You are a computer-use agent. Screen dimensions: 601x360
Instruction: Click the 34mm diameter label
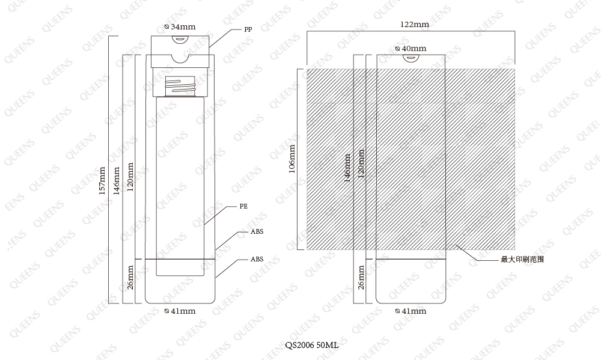click(x=180, y=27)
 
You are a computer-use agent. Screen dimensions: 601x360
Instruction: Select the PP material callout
click(x=248, y=29)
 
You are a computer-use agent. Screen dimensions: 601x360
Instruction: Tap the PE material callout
click(x=243, y=206)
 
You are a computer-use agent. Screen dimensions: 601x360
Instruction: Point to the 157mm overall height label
click(x=102, y=181)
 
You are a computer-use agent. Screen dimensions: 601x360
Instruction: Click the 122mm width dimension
click(x=414, y=25)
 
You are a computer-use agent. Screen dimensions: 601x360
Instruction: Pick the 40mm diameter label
click(x=410, y=49)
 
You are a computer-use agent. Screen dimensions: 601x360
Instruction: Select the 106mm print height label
click(x=292, y=159)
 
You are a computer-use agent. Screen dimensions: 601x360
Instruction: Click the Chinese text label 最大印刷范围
click(x=522, y=259)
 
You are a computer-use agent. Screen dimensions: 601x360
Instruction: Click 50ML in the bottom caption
click(x=328, y=344)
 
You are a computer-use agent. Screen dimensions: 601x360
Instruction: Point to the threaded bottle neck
click(x=180, y=86)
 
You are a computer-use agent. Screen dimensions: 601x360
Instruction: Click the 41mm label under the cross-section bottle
click(x=180, y=311)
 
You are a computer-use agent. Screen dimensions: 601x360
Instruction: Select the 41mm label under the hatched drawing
click(x=410, y=311)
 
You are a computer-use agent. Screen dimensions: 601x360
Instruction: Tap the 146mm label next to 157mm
click(x=117, y=181)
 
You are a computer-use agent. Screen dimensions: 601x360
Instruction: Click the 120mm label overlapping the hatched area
click(x=361, y=163)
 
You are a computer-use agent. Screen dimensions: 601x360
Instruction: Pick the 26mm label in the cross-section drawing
click(x=130, y=277)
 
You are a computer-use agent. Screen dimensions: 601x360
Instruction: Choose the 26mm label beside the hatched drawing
click(x=361, y=277)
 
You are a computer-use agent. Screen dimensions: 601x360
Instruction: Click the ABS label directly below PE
click(x=257, y=231)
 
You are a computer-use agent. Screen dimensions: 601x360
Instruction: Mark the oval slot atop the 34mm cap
click(x=180, y=38)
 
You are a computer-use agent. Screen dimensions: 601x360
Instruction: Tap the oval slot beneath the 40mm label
click(x=410, y=58)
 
